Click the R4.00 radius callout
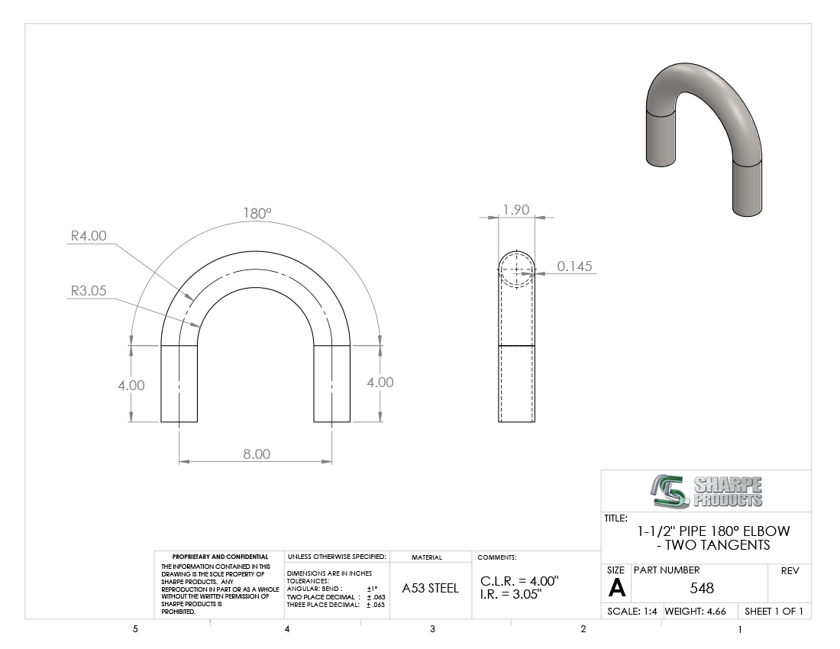point(89,236)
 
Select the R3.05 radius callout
point(89,291)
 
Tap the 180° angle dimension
point(257,213)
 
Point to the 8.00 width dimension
point(257,454)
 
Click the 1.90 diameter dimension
point(516,210)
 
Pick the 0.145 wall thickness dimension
point(575,266)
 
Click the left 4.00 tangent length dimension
point(131,386)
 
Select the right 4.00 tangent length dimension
point(380,383)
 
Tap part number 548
point(702,589)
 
